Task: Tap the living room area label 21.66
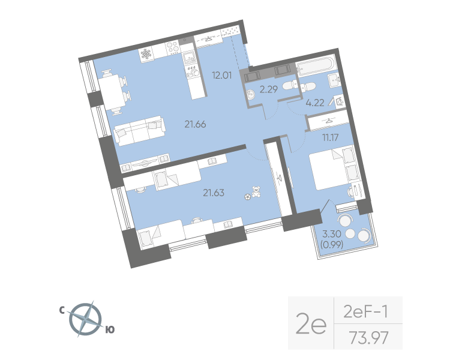click(x=196, y=124)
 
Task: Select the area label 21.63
click(x=214, y=193)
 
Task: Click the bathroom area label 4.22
click(x=314, y=103)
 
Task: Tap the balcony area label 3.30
click(x=331, y=235)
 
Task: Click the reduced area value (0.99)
click(x=331, y=245)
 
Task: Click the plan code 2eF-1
click(x=365, y=311)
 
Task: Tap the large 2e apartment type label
click(x=311, y=325)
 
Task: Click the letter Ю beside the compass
click(x=110, y=329)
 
